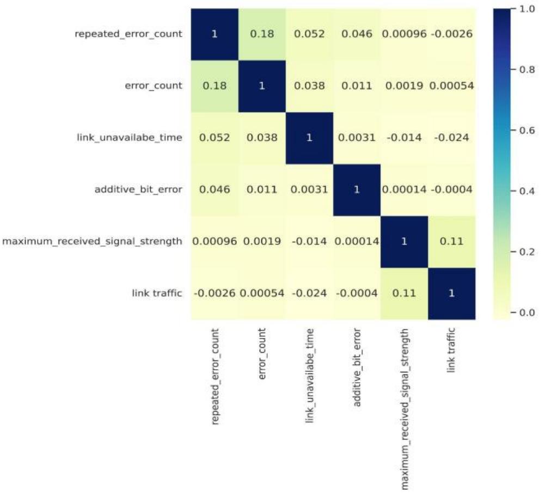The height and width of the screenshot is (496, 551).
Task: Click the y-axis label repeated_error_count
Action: [128, 34]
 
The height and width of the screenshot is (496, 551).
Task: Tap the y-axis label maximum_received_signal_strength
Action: [92, 241]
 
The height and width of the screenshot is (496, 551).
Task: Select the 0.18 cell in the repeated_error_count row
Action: [261, 34]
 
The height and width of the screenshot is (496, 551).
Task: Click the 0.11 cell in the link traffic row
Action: [404, 293]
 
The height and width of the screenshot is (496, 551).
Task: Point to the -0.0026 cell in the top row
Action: [451, 34]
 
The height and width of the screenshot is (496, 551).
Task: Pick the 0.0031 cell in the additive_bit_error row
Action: [309, 190]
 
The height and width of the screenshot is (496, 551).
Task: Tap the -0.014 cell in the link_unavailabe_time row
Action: [404, 138]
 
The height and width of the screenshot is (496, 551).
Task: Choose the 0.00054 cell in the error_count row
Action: [451, 86]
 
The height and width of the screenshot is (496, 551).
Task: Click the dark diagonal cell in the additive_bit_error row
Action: [357, 190]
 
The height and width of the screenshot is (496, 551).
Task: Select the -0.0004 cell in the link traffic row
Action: [357, 293]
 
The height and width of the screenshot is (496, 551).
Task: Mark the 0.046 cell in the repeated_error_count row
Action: [357, 34]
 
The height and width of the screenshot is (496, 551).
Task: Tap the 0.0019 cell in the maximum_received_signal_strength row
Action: [261, 242]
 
